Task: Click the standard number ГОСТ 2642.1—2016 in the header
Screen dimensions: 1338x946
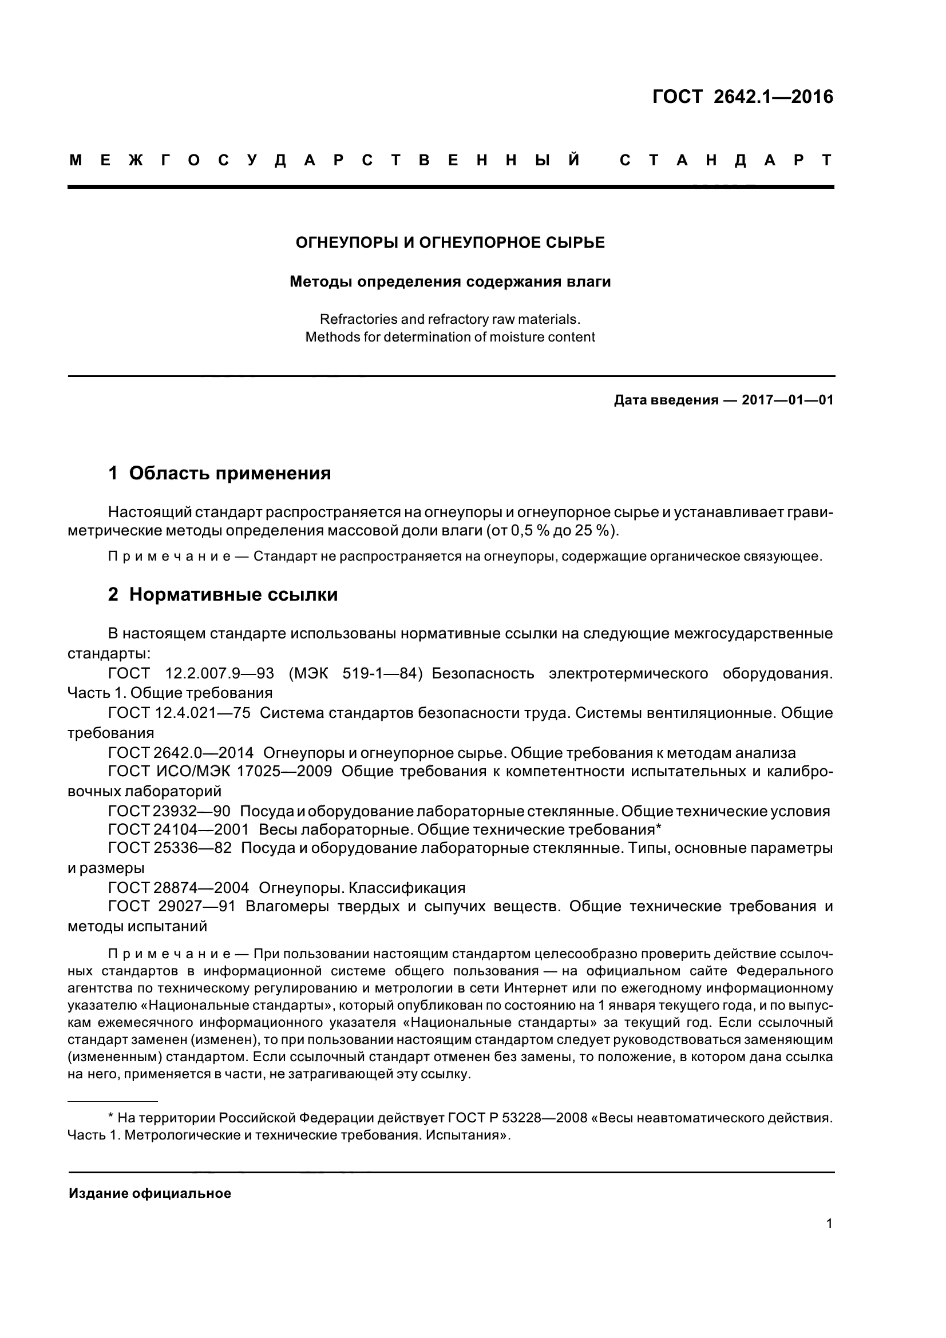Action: pos(743,97)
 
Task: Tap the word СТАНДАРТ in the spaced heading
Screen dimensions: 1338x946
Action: pos(726,161)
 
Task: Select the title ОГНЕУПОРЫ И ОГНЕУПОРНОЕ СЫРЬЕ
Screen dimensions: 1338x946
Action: pos(450,243)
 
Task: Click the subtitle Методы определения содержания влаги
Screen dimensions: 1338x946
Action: pos(450,282)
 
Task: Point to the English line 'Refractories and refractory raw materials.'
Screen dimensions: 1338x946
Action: pos(450,319)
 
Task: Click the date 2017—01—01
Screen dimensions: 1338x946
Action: pos(787,400)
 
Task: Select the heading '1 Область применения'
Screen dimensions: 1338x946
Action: pos(219,473)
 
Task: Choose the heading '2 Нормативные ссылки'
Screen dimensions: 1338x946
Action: pos(223,594)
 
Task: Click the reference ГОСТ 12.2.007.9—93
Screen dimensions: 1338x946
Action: pos(191,674)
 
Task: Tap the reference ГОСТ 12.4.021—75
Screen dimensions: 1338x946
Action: pos(180,713)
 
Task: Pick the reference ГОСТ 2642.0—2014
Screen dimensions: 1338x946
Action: pos(181,753)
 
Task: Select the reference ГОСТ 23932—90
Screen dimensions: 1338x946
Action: pos(169,811)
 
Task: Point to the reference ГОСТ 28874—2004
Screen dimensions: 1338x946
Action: pos(179,888)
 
